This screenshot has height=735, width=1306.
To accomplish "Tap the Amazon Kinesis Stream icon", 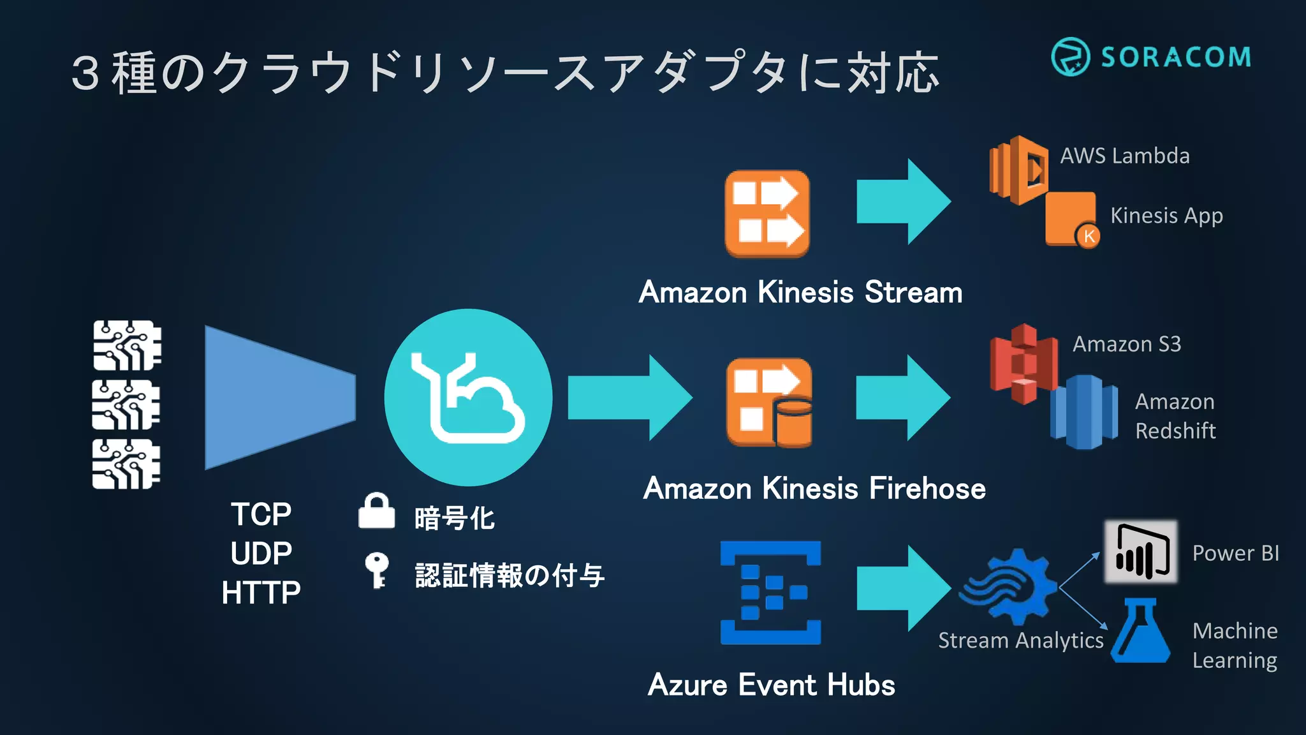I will (767, 214).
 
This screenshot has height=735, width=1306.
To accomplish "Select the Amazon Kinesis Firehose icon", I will (769, 402).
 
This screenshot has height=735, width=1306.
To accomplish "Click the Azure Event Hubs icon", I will (770, 593).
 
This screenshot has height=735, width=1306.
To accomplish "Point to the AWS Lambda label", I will (1124, 156).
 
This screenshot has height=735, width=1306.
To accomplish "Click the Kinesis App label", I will (1166, 216).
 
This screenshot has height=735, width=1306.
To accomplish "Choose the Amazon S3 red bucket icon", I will (1022, 364).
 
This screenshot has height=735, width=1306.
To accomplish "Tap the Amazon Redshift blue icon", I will (1084, 412).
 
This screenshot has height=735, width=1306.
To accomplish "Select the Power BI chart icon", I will (1141, 551).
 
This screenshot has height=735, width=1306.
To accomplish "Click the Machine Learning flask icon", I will (1141, 631).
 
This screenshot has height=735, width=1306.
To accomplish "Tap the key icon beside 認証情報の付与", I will (376, 569).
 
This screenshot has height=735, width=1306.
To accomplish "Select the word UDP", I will (261, 553).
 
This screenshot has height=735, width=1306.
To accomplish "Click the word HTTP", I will (261, 593).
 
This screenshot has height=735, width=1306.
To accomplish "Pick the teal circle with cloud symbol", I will (468, 397).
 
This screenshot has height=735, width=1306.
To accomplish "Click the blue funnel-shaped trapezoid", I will (279, 397).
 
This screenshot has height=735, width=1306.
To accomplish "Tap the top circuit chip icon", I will (127, 345).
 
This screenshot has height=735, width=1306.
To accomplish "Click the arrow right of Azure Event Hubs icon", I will (903, 588).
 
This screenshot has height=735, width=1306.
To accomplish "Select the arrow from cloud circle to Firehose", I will (629, 397).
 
